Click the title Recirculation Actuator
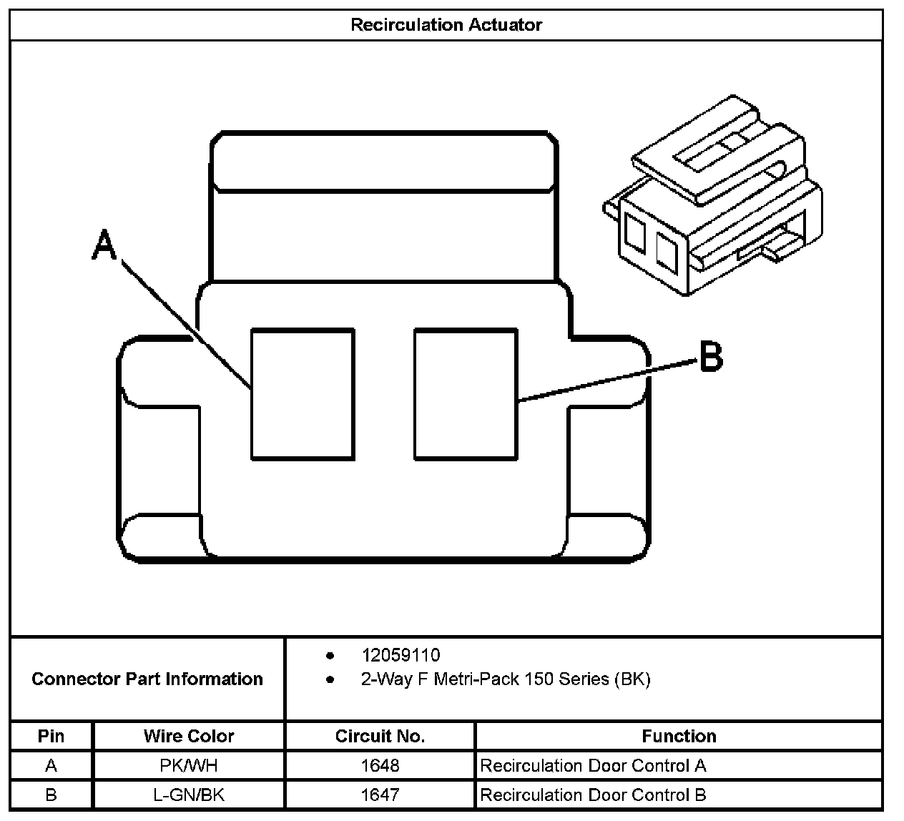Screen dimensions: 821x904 pyautogui.click(x=446, y=25)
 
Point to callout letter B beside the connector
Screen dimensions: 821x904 pyautogui.click(x=710, y=355)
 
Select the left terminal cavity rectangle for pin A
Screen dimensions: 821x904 pyautogui.click(x=303, y=393)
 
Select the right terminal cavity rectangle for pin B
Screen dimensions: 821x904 pyautogui.click(x=466, y=393)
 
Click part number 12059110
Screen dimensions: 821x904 pyautogui.click(x=401, y=655)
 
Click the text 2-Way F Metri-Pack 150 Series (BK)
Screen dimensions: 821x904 pyautogui.click(x=506, y=679)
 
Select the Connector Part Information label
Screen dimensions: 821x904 pyautogui.click(x=147, y=679)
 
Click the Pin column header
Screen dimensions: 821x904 pyautogui.click(x=51, y=736)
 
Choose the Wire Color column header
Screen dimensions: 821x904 pyautogui.click(x=189, y=736)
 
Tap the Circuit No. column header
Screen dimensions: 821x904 pyautogui.click(x=380, y=736)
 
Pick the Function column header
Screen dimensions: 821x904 pyautogui.click(x=679, y=736)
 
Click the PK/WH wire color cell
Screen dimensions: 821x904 pyautogui.click(x=189, y=766)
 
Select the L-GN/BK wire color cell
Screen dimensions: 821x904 pyautogui.click(x=189, y=795)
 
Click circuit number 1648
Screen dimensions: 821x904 pyautogui.click(x=380, y=766)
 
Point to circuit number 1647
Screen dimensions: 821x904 pyautogui.click(x=380, y=795)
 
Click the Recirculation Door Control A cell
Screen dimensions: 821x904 pyautogui.click(x=593, y=766)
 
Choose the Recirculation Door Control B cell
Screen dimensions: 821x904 pyautogui.click(x=593, y=795)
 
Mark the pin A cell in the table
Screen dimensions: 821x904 pyautogui.click(x=51, y=766)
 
